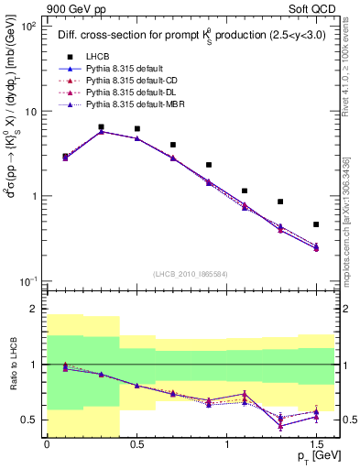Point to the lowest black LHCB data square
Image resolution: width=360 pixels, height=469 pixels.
(316, 224)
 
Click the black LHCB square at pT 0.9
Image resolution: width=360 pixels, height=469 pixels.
(209, 165)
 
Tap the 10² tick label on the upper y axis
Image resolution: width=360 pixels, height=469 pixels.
(28, 27)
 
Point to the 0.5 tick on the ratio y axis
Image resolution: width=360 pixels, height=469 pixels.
(29, 420)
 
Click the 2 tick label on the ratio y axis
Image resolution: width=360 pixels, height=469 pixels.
(34, 309)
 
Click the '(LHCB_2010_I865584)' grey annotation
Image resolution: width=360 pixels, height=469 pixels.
(190, 274)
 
